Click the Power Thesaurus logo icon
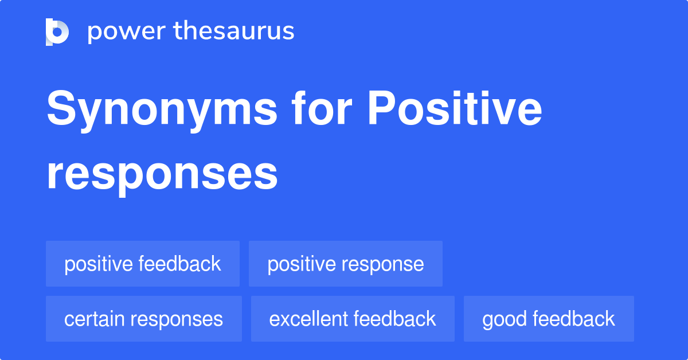tap(57, 32)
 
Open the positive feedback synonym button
tap(142, 264)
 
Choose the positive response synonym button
tap(345, 264)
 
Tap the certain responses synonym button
tap(143, 319)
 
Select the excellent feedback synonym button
tap(353, 319)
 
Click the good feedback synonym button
tap(549, 319)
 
